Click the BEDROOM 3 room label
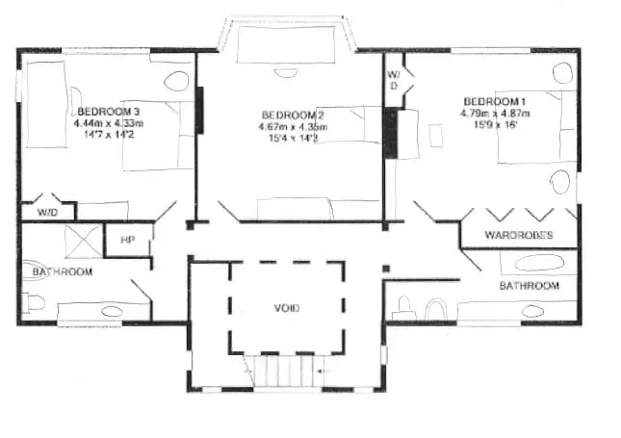pos(109,111)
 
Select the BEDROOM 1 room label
pos(495,101)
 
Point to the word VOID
pos(287,308)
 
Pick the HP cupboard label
pos(127,240)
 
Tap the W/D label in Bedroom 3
pos(46,211)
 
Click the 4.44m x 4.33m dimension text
pos(108,123)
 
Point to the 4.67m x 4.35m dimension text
pos(292,127)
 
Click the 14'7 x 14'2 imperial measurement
pos(108,135)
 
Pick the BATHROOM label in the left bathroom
pos(62,272)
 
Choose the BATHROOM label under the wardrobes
pos(529,286)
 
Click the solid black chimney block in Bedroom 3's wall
pos(200,110)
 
